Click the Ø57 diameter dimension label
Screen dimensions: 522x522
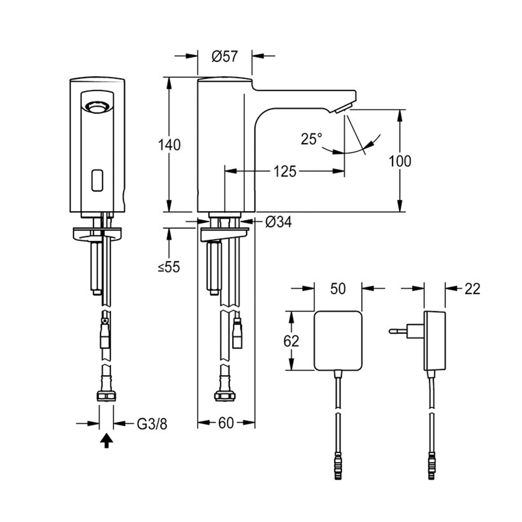point(224,56)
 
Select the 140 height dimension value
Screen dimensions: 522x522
point(170,145)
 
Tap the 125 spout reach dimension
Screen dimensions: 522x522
point(284,171)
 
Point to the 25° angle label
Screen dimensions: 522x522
point(311,139)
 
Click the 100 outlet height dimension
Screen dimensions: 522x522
point(400,161)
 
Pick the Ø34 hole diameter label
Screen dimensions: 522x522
point(278,222)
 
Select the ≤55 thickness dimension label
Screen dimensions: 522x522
point(169,267)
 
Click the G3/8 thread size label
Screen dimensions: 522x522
point(152,423)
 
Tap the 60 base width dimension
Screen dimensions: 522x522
point(226,423)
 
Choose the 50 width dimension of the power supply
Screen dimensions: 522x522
point(338,288)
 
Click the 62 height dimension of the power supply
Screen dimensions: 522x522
point(291,341)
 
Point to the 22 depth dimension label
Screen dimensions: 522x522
point(472,288)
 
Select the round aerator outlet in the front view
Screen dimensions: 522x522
point(97,107)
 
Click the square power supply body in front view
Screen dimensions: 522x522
point(338,340)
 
